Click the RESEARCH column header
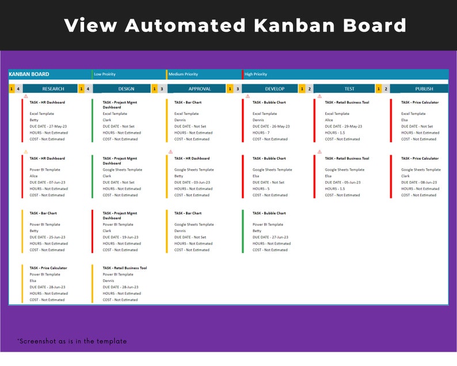click(x=53, y=89)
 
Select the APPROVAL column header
click(x=200, y=89)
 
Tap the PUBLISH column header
click(x=424, y=89)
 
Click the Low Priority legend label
click(x=105, y=74)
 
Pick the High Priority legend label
click(x=256, y=74)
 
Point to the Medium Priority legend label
click(x=183, y=74)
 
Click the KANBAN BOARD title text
click(x=29, y=74)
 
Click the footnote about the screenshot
click(x=72, y=341)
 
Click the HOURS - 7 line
click(x=261, y=133)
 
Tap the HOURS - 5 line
click(x=261, y=188)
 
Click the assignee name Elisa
click(x=34, y=281)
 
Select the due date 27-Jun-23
click(x=271, y=237)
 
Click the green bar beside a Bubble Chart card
click(x=242, y=231)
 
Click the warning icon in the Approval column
click(x=170, y=152)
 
